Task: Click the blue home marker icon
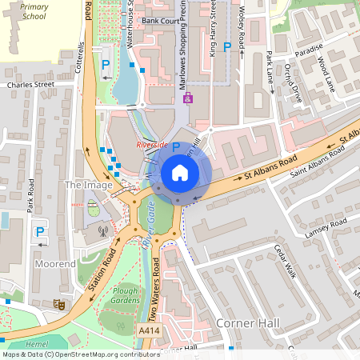[180, 173]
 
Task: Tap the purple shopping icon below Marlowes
[188, 99]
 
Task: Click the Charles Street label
[30, 83]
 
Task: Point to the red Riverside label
[151, 145]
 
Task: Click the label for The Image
[83, 185]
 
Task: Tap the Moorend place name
[55, 262]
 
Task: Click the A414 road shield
[149, 330]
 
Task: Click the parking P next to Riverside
[175, 147]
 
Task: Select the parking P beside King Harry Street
[226, 47]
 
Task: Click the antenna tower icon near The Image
[102, 230]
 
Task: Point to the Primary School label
[34, 11]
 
